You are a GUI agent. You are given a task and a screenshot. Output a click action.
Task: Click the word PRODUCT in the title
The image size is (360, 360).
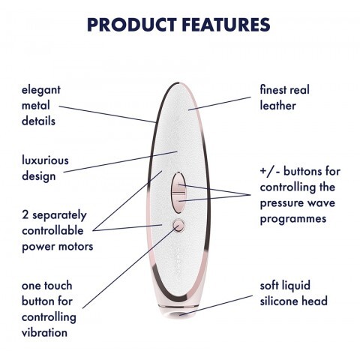coord(132,25)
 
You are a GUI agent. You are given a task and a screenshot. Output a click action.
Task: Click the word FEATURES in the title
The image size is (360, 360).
coord(226,25)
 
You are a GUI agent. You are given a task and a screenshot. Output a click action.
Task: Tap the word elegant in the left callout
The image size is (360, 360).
coord(41,91)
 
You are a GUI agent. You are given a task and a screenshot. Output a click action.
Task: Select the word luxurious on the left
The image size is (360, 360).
coord(45,160)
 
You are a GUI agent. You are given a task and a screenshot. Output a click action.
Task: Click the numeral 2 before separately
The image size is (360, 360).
coord(25,215)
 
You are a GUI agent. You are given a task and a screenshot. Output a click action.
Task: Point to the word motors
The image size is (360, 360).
coord(76,247)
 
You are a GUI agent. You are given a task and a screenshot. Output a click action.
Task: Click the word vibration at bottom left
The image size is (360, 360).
coord(44,333)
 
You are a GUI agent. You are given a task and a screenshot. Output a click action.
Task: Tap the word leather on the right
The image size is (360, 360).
coord(277,106)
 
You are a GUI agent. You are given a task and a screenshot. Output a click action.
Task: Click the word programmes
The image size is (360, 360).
coord(293,219)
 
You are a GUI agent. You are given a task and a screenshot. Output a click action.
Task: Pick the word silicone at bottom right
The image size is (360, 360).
coord(279,301)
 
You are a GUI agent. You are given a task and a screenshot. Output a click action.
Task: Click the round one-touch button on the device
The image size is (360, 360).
coord(178,226)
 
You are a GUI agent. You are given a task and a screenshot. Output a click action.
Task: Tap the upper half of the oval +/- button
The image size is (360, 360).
coord(178,183)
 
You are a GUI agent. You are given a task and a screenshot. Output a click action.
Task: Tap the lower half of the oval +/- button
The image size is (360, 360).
coord(178,203)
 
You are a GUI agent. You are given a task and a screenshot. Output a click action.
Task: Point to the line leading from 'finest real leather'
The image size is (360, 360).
coord(220,103)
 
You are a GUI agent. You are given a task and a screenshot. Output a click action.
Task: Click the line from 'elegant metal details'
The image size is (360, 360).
coord(107,114)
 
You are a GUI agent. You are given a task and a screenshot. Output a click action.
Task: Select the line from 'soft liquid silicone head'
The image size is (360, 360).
coord(216,305)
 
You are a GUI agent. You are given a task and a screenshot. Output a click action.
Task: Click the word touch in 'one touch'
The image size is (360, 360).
coord(60,286)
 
